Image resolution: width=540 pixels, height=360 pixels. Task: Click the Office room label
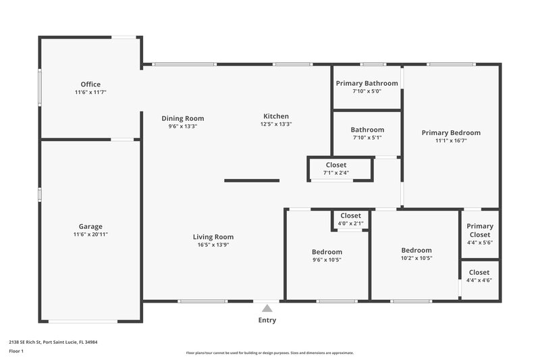click(90, 84)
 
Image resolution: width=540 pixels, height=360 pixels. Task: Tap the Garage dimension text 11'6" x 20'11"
click(90, 234)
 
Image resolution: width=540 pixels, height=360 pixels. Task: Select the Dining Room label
click(182, 118)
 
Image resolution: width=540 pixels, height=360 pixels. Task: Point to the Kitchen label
click(275, 116)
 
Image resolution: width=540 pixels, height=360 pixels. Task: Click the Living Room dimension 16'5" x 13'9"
click(213, 245)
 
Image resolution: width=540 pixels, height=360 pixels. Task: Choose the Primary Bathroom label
click(367, 83)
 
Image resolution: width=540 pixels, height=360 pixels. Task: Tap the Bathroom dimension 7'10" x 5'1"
click(367, 138)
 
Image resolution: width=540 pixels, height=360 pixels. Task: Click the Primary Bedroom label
click(451, 133)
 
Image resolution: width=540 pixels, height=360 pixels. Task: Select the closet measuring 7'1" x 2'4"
click(336, 168)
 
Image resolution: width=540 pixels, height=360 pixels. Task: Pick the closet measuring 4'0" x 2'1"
click(350, 220)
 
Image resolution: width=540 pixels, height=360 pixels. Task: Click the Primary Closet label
click(480, 230)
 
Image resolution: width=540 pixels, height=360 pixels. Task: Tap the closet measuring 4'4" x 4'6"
click(479, 276)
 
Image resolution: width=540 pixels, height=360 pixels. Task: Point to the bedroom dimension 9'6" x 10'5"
click(327, 259)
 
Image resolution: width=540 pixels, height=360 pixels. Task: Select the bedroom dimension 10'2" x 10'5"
click(416, 257)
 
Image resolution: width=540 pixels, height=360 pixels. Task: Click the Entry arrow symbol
click(267, 307)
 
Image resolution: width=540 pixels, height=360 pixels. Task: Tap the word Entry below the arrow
click(267, 320)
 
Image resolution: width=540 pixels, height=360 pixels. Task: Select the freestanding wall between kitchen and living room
click(252, 180)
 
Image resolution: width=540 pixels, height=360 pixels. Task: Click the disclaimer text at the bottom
click(269, 353)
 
